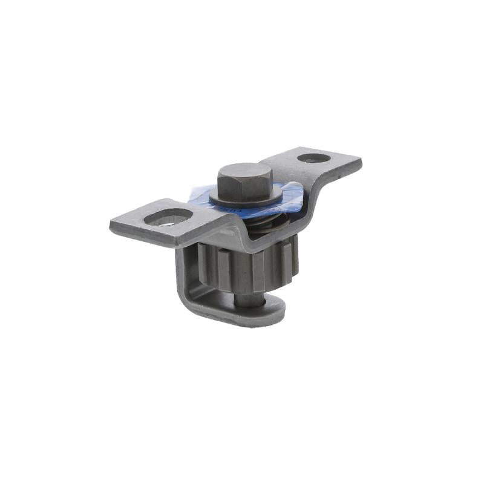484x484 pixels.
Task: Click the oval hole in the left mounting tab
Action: click(x=169, y=217)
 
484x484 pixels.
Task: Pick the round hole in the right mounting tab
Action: click(x=314, y=158)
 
